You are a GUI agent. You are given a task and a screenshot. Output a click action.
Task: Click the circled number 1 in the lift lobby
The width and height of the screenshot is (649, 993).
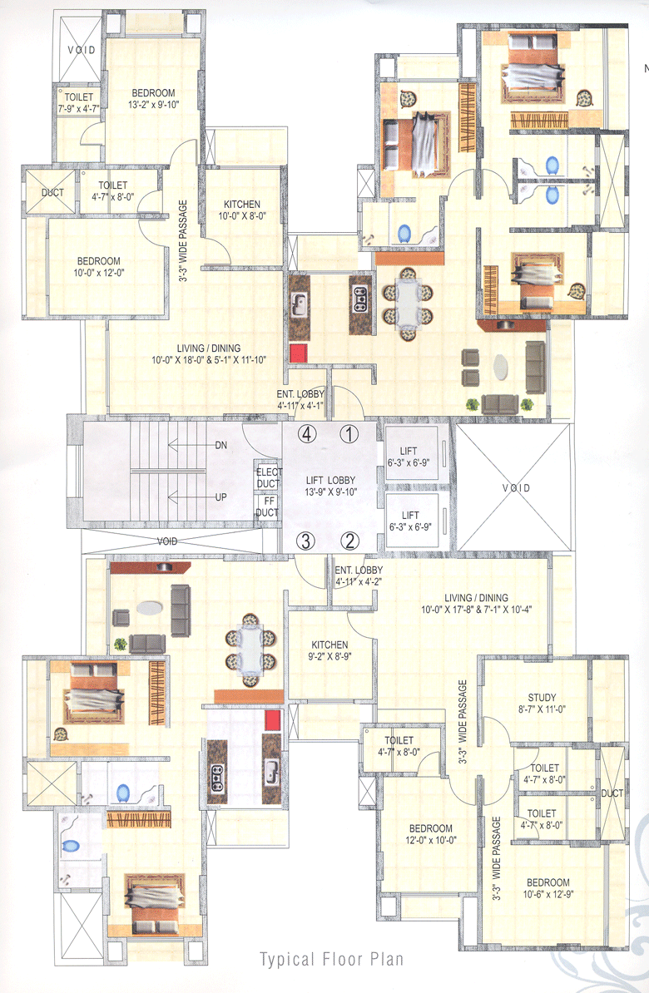[349, 433]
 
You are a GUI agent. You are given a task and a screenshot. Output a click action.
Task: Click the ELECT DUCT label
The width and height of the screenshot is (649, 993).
[267, 476]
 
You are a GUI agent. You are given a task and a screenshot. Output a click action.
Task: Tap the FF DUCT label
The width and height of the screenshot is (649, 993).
[267, 507]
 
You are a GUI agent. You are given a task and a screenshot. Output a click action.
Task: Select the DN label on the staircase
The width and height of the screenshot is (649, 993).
[221, 446]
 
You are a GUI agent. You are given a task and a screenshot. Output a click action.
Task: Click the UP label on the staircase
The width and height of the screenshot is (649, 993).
[221, 497]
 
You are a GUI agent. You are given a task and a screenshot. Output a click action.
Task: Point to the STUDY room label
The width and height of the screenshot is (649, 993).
[542, 698]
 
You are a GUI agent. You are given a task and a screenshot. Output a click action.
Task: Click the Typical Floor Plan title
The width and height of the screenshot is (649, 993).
[332, 959]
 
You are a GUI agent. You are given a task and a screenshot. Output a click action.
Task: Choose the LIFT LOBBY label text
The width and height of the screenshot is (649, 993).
[332, 481]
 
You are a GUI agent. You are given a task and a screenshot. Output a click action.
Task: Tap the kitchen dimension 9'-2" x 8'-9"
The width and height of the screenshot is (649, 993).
[330, 656]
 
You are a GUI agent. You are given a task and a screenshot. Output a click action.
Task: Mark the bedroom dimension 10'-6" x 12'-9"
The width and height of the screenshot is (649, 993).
[547, 895]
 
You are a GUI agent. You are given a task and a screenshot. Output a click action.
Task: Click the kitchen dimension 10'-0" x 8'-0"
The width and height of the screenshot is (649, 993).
[241, 217]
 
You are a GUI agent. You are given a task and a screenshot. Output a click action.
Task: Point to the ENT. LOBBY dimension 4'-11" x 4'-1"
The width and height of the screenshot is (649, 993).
[300, 406]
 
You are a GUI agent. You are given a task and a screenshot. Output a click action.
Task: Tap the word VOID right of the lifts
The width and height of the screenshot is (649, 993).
[515, 488]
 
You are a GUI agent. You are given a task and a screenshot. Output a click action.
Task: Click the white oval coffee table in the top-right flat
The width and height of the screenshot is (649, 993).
[505, 367]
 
